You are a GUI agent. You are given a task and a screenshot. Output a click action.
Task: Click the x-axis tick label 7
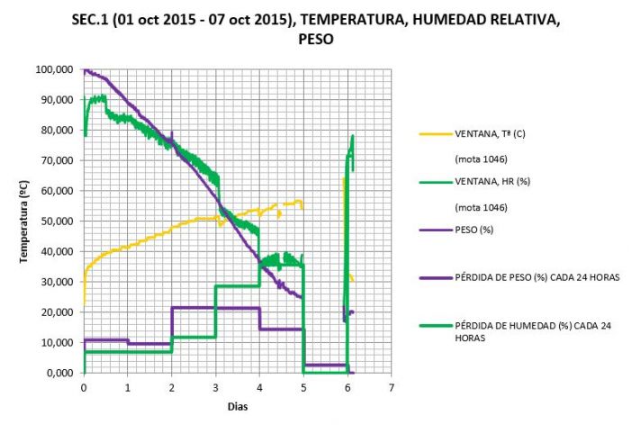pos(392,386)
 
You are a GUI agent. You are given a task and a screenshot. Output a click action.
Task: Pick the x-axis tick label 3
pos(215,386)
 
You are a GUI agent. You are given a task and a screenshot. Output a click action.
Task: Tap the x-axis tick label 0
pos(84,386)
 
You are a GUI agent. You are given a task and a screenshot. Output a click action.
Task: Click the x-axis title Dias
pos(237,406)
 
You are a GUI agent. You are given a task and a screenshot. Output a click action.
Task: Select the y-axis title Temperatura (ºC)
pos(27,221)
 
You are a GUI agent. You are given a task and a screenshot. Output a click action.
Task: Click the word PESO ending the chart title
pos(315,40)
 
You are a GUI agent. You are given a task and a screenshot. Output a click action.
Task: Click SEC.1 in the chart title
pos(90,21)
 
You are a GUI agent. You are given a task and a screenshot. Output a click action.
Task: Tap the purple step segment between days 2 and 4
pos(215,308)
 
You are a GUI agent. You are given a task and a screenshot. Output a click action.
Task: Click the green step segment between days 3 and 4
pos(238,286)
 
